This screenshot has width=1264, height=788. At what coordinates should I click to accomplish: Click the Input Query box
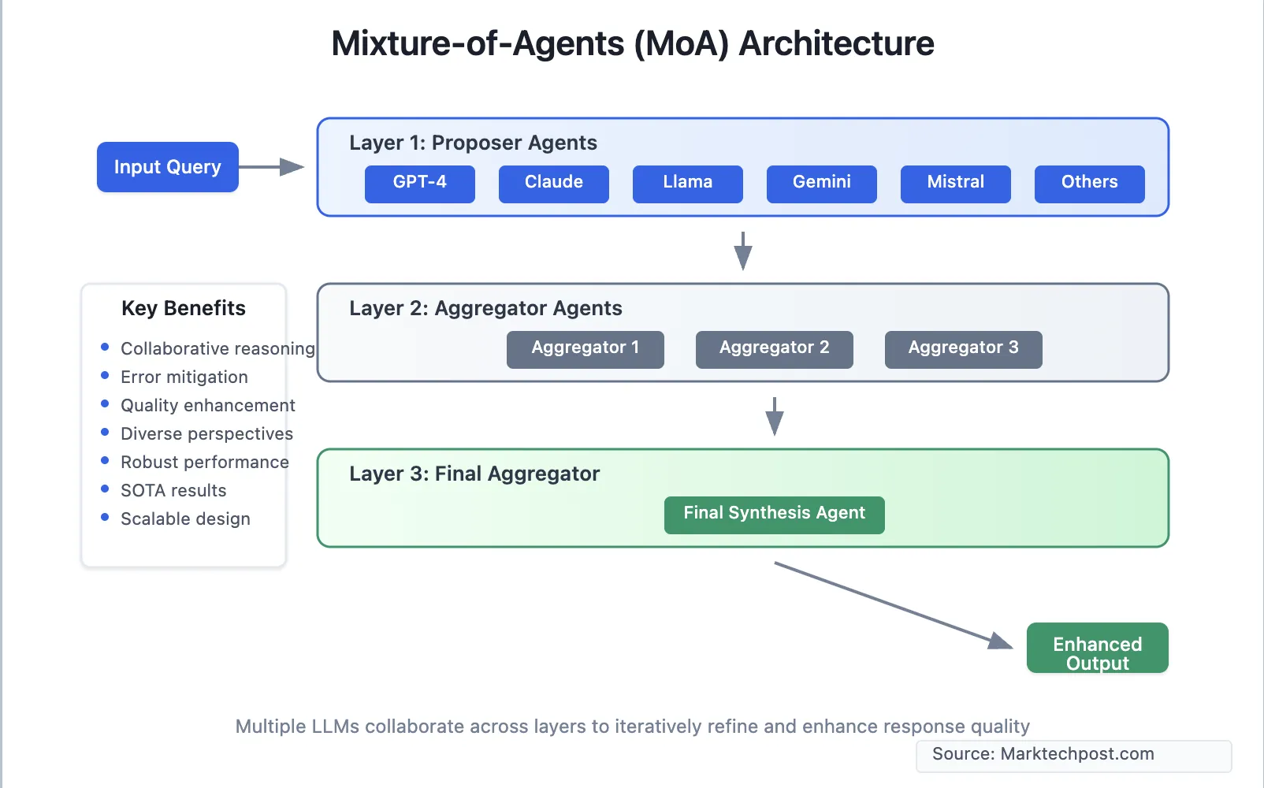point(167,167)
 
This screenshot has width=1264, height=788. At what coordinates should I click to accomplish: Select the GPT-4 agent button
point(419,184)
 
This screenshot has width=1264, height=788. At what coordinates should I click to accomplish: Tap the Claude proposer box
point(553,184)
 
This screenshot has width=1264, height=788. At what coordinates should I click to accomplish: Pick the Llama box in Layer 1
point(687,184)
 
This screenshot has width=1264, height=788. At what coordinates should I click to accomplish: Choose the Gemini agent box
point(821,184)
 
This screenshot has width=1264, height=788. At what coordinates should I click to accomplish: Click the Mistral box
point(955,184)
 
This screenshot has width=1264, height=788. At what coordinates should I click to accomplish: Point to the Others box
point(1089,184)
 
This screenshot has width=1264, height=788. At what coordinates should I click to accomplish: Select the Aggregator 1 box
point(585,349)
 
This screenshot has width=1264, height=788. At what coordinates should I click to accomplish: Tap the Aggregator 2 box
point(774,349)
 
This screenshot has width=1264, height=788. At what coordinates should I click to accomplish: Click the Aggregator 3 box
point(963,349)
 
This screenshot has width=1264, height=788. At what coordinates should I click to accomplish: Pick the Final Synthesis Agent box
point(774,515)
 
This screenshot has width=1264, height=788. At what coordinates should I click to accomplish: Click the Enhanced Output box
point(1097,648)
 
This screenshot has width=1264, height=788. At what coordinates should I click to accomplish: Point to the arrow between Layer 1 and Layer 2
point(742,251)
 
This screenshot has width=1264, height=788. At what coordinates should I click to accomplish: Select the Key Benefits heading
point(184,308)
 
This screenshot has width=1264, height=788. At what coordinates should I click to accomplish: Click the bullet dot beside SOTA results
point(105,489)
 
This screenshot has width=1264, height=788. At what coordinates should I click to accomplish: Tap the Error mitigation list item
point(184,377)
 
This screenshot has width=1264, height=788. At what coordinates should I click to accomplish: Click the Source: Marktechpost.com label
point(1043,754)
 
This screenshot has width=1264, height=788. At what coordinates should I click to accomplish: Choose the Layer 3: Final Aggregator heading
point(474,474)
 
